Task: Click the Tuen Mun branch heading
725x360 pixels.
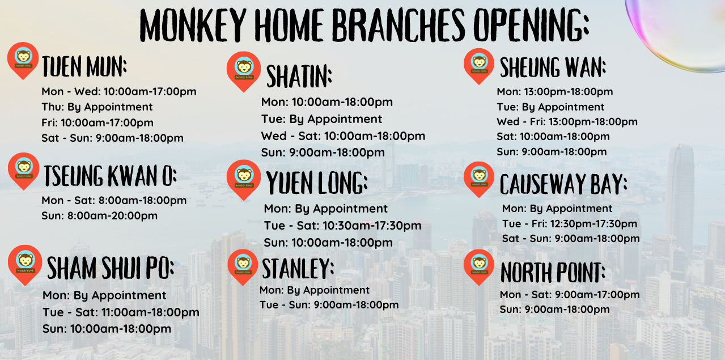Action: click(x=84, y=67)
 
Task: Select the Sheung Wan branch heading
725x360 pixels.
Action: click(x=553, y=68)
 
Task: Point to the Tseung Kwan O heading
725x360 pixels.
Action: click(x=110, y=176)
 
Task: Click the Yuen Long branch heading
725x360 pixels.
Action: click(x=317, y=183)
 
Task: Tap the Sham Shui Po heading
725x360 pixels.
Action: click(x=110, y=268)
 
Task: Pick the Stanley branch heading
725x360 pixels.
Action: click(x=298, y=268)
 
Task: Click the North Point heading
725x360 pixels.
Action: click(x=553, y=273)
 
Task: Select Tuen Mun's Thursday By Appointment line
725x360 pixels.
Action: click(x=97, y=107)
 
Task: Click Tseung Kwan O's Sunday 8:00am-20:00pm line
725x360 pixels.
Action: click(x=99, y=215)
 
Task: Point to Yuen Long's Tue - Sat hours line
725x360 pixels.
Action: click(x=342, y=226)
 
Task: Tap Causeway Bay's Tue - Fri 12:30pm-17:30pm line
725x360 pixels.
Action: click(x=570, y=224)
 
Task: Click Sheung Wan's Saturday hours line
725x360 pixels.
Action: click(x=553, y=137)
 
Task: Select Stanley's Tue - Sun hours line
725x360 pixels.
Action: click(x=329, y=305)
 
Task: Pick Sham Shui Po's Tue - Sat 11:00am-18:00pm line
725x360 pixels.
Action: click(x=121, y=312)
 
